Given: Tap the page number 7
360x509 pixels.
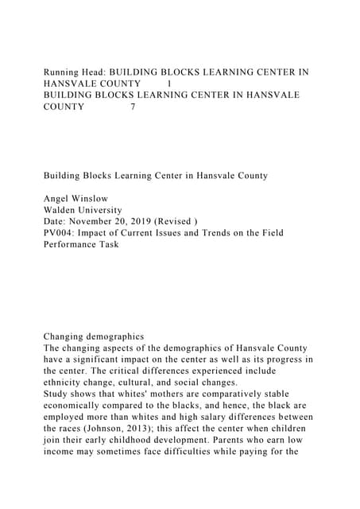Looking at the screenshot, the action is (133, 107).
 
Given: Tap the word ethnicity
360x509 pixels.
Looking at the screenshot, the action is (66, 383).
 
